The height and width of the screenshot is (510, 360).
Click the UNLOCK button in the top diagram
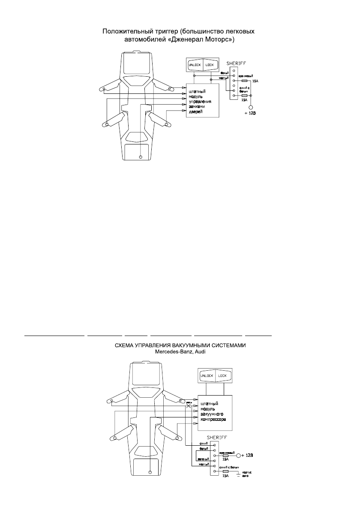(x=195, y=65)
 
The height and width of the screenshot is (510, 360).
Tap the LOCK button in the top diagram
(x=210, y=65)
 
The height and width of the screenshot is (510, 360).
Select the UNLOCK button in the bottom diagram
(x=207, y=376)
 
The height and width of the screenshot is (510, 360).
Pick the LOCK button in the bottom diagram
(x=222, y=376)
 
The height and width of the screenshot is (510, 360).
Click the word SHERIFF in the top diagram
(x=235, y=61)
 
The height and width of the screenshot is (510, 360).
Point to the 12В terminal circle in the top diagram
(x=252, y=108)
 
